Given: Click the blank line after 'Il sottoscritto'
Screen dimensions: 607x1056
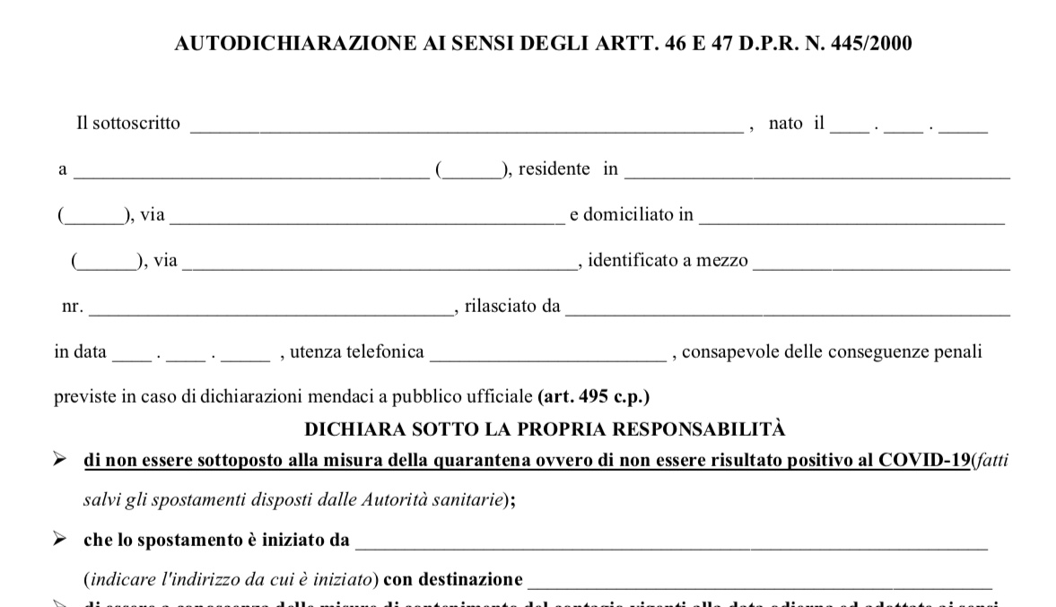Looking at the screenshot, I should coord(466,126).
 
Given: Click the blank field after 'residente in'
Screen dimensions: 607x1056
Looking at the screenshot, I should coord(817,172).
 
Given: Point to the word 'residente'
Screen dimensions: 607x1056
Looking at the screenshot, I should coord(554,169).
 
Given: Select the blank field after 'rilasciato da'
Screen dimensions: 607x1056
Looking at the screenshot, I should coord(788,310).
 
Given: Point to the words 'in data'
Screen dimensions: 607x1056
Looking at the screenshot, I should coord(80,352).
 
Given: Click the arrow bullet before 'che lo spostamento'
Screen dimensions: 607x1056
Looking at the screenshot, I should coord(60,540).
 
